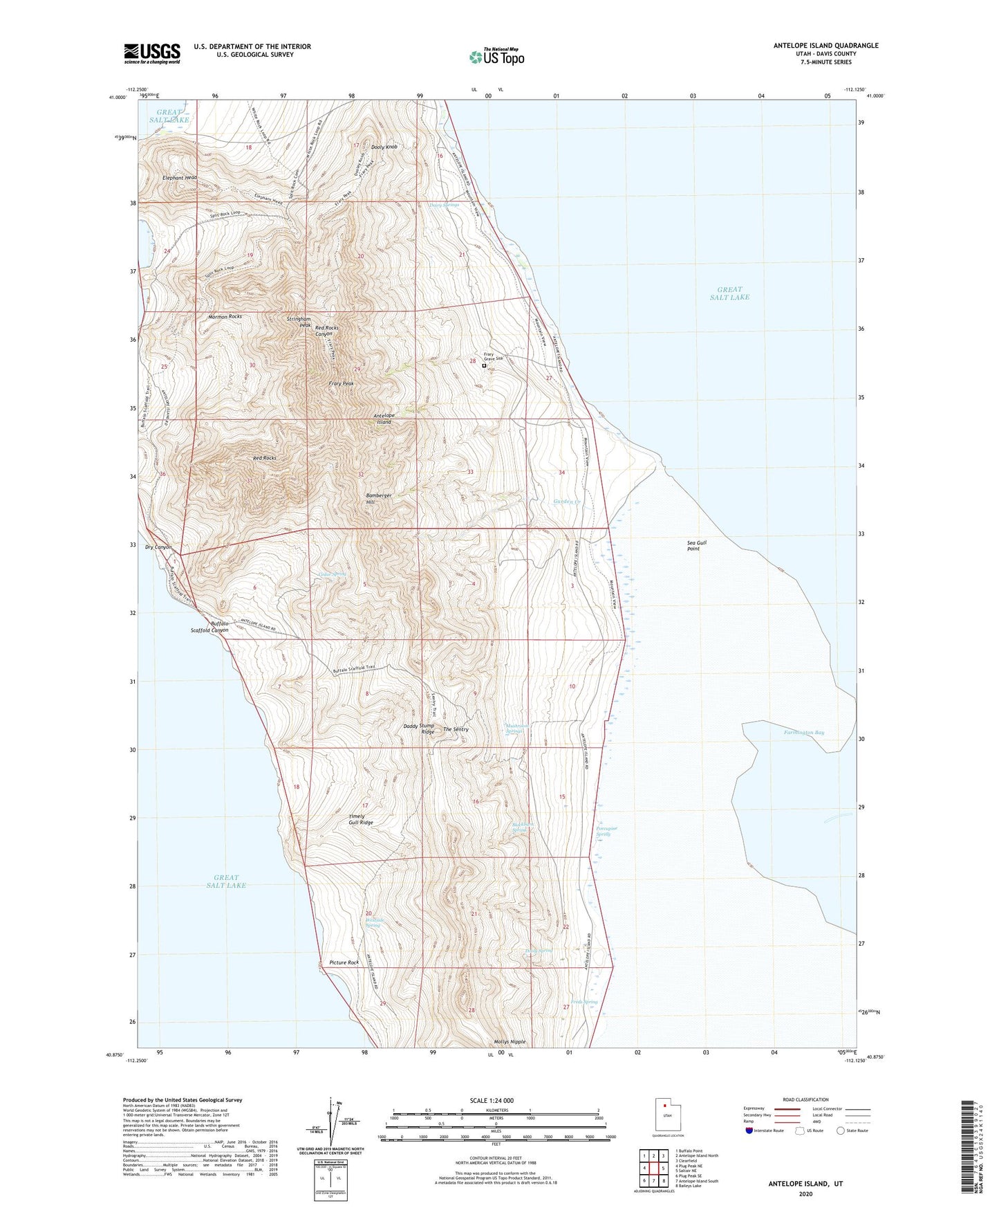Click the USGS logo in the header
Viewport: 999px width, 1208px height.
152,53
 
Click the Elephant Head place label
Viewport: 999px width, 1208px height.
180,178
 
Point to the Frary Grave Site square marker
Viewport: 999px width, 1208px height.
484,366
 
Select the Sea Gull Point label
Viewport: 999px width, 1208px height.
697,545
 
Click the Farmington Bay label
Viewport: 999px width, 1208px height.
804,732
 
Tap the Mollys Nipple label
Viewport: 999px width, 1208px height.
510,1041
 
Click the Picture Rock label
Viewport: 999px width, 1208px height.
344,962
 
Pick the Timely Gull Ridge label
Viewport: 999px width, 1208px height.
360,819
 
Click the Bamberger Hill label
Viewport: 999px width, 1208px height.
379,499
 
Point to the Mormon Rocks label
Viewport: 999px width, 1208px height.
225,316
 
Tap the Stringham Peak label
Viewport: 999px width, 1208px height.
299,322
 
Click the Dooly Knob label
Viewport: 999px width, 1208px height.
384,147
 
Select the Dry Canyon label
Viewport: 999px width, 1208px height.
158,547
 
